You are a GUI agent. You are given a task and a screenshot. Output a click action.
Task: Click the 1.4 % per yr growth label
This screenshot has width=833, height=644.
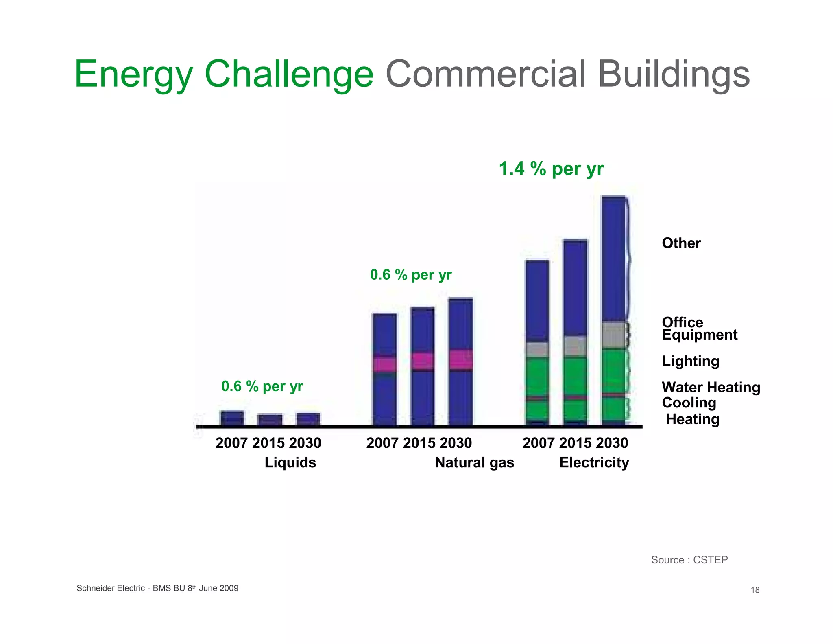pyautogui.click(x=551, y=169)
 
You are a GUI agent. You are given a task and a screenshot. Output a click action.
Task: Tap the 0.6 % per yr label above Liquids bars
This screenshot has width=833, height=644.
pyautogui.click(x=262, y=386)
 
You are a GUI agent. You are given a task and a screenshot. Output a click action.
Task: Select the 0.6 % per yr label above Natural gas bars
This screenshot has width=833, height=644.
pyautogui.click(x=411, y=275)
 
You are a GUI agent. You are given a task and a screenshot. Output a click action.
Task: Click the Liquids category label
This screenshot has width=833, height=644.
pyautogui.click(x=290, y=462)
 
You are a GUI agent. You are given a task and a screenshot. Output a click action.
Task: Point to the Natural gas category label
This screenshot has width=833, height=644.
pyautogui.click(x=474, y=462)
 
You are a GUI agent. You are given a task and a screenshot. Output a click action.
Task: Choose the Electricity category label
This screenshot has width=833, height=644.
pyautogui.click(x=594, y=462)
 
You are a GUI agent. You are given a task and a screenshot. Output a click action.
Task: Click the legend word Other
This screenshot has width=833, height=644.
pyautogui.click(x=681, y=243)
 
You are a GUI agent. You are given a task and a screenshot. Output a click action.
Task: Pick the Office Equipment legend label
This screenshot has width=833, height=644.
pyautogui.click(x=699, y=329)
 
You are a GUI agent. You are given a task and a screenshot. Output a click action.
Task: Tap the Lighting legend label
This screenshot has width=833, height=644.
pyautogui.click(x=691, y=361)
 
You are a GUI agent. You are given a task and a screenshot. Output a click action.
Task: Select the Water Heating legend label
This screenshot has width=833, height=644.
pyautogui.click(x=711, y=387)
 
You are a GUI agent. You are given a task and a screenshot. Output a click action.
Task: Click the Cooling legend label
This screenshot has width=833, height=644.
pyautogui.click(x=689, y=403)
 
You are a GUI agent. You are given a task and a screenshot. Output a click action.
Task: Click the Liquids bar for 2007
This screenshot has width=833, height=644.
pyautogui.click(x=232, y=418)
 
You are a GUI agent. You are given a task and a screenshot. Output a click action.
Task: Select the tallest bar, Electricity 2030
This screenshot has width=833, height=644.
pyautogui.click(x=614, y=261)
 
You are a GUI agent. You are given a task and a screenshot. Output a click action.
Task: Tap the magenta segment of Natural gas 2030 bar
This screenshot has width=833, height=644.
pyautogui.click(x=461, y=359)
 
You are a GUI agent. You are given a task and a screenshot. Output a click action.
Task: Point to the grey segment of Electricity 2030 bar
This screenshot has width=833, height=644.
pyautogui.click(x=614, y=335)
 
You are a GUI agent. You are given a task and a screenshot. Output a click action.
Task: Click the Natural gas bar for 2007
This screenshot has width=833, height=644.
pyautogui.click(x=384, y=391)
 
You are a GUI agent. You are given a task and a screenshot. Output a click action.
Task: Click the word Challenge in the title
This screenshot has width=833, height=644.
pyautogui.click(x=289, y=74)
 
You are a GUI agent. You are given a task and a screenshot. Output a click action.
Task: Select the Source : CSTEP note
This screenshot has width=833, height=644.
pyautogui.click(x=689, y=560)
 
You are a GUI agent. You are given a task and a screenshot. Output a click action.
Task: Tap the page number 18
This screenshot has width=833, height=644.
pyautogui.click(x=755, y=590)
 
